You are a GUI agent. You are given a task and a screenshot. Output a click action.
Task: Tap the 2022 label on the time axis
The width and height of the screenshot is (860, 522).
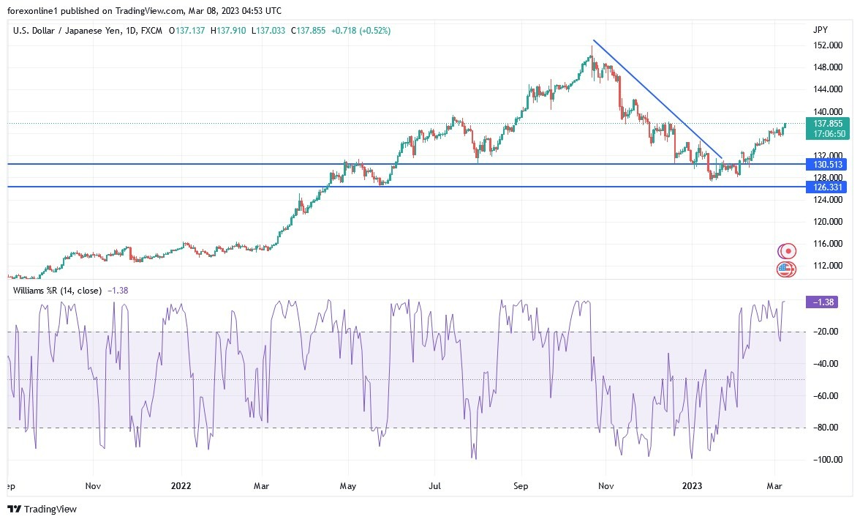click(x=180, y=485)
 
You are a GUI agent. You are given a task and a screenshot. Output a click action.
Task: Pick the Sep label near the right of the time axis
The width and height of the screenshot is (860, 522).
click(x=520, y=485)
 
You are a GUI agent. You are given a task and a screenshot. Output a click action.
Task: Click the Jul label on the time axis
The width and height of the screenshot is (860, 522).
click(x=435, y=485)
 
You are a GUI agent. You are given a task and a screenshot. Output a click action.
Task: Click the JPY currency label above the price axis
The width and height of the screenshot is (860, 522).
click(x=821, y=30)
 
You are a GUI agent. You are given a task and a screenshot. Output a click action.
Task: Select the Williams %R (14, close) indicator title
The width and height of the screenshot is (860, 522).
click(x=57, y=291)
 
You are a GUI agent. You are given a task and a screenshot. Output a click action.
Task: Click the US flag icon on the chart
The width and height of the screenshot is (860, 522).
click(x=785, y=269)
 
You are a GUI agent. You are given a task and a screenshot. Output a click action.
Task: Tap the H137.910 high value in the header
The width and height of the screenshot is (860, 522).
click(x=230, y=31)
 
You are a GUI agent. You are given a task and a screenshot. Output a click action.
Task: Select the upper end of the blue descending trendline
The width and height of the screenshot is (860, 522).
click(x=594, y=40)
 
